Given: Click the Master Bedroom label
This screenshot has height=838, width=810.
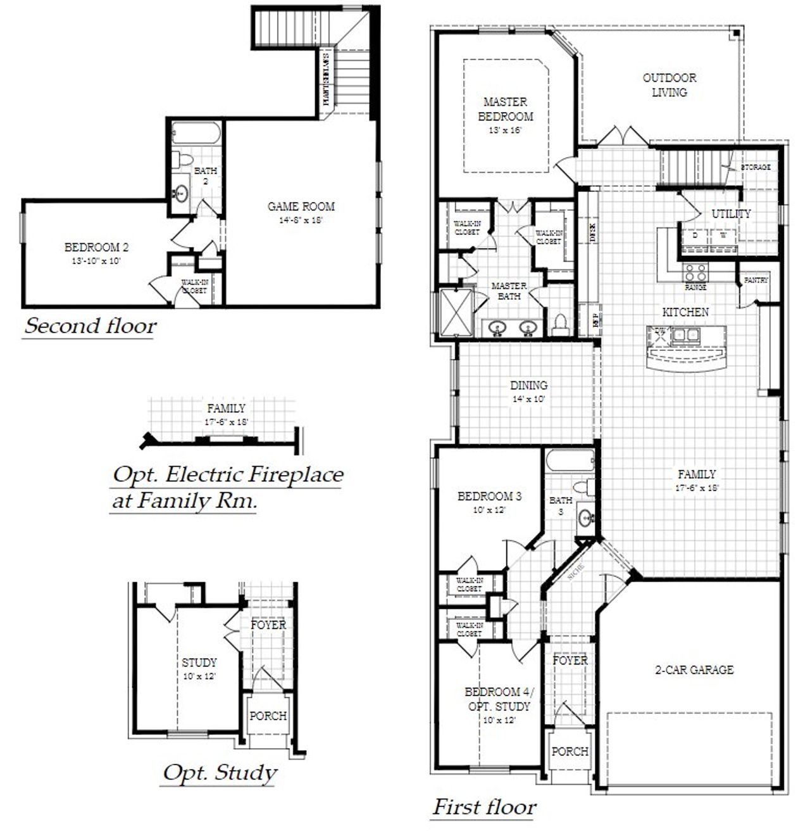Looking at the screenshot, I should [x=505, y=109].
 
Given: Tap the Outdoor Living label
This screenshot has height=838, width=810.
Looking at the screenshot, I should [x=670, y=85].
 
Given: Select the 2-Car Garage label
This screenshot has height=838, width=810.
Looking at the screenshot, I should [x=694, y=670].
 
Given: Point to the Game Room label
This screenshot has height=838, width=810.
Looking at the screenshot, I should [x=301, y=206].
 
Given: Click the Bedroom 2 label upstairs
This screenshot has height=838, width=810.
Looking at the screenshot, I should [x=96, y=247].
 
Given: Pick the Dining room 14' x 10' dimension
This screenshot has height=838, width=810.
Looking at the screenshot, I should [x=529, y=400].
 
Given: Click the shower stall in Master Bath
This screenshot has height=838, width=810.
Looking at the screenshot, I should [x=457, y=311].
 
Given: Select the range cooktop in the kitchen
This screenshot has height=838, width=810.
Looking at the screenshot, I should [x=695, y=272].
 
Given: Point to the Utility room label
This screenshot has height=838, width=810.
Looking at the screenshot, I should [x=731, y=213].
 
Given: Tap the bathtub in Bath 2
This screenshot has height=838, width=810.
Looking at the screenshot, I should [x=196, y=133].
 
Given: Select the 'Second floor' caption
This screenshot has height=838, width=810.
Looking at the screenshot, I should [x=90, y=326].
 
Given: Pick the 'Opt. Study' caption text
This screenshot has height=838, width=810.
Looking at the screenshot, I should [x=220, y=773].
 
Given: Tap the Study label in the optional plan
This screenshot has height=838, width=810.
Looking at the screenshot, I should [x=199, y=663].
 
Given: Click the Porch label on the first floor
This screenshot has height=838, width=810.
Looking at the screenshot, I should [x=570, y=751].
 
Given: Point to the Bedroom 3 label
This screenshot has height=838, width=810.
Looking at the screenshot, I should [x=490, y=496].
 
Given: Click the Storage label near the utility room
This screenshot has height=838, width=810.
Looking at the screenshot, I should [x=756, y=167].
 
